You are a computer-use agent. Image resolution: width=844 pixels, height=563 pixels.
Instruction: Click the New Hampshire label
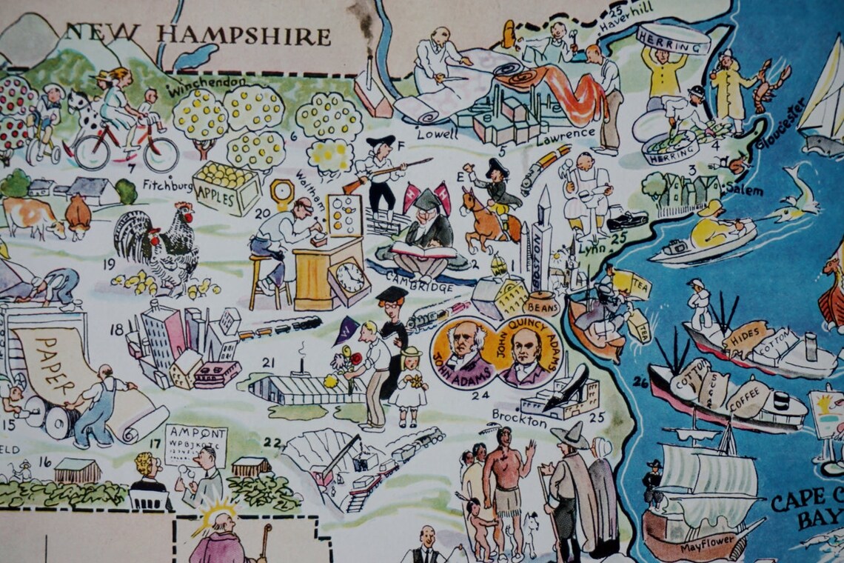coord(197,34)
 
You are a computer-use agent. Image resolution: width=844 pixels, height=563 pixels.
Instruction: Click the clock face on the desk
coord(350,278)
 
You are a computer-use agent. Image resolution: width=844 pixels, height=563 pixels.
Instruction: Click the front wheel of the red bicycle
coord(160,153)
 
